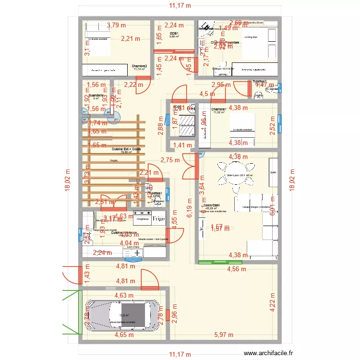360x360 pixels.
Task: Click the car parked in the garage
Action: point(123,316)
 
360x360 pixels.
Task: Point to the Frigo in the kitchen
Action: point(158,218)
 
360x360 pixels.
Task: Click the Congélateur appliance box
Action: point(142,219)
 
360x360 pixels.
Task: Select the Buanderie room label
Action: point(96,96)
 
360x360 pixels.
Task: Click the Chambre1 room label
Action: point(218,109)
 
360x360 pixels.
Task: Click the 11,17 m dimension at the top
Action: point(180,6)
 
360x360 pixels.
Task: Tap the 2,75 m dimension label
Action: point(170,160)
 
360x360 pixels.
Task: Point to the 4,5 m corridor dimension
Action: point(207,94)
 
